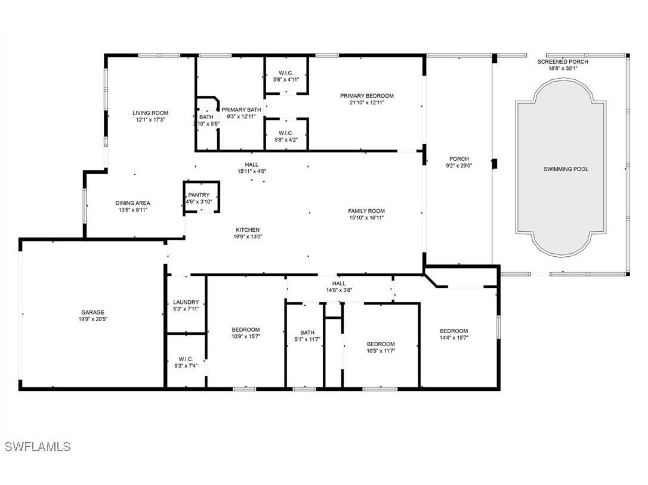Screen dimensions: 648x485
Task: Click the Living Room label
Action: [x=150, y=113]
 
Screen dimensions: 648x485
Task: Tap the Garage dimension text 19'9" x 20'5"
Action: [x=92, y=319]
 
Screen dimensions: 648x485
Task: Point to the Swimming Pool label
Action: [x=566, y=169]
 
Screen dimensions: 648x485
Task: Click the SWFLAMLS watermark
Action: [x=38, y=447]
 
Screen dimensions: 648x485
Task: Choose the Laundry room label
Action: [x=186, y=302]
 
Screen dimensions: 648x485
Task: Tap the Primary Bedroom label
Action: [x=367, y=96]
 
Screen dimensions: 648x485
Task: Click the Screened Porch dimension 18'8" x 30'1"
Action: [x=563, y=69]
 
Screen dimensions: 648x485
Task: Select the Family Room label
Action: [x=366, y=211]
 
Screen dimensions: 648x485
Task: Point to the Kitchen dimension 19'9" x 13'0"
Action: [x=248, y=237]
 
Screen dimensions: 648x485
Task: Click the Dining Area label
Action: [x=132, y=203]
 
